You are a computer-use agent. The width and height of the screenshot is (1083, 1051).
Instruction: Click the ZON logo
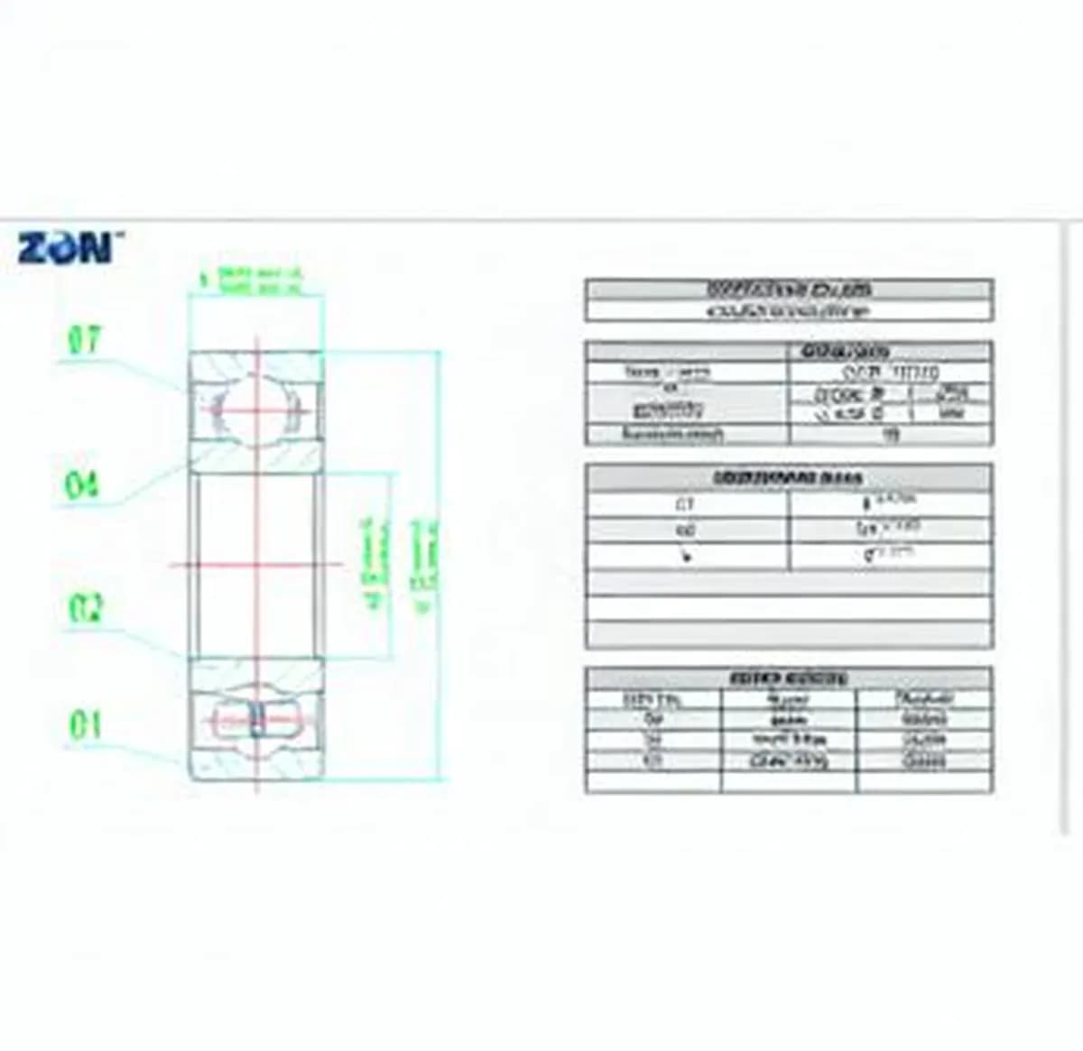[66, 247]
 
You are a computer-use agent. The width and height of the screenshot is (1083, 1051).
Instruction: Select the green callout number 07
[85, 342]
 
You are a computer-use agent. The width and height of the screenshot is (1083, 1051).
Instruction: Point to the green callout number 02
[86, 608]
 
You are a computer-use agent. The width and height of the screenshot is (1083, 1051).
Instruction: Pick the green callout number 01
[85, 725]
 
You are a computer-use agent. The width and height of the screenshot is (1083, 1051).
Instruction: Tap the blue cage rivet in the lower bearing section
[256, 720]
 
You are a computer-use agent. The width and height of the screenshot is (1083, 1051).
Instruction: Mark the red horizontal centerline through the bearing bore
[257, 566]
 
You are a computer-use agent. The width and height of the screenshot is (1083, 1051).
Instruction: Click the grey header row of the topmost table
[789, 290]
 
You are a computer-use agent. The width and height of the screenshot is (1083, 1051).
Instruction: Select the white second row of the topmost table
[789, 311]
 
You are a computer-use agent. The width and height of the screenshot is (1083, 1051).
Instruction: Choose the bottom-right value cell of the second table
[890, 435]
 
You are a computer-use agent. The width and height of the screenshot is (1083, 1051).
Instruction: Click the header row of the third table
[789, 477]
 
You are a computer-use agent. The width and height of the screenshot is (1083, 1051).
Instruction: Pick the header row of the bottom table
[789, 678]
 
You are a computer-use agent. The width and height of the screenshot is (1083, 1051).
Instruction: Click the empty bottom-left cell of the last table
[653, 782]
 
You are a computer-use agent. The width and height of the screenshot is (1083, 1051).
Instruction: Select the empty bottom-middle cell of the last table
[788, 782]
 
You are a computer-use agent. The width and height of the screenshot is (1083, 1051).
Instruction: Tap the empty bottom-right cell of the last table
[924, 782]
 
